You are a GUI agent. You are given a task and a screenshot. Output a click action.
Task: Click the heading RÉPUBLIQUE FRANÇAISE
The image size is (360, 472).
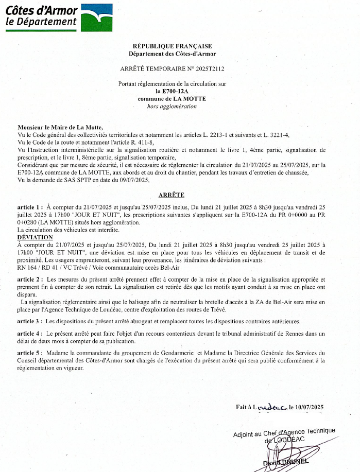click(172, 46)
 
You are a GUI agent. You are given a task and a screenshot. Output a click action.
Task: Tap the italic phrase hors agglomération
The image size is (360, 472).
click(172, 107)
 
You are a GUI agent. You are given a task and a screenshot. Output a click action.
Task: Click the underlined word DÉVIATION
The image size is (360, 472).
click(35, 237)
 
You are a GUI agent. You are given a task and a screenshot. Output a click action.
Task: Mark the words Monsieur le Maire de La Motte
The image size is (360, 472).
click(60, 127)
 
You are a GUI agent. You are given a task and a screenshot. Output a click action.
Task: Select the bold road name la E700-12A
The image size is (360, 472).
click(172, 91)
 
